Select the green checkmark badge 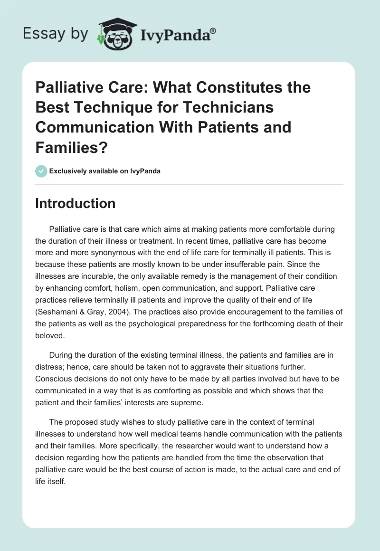41,171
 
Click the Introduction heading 75,203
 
